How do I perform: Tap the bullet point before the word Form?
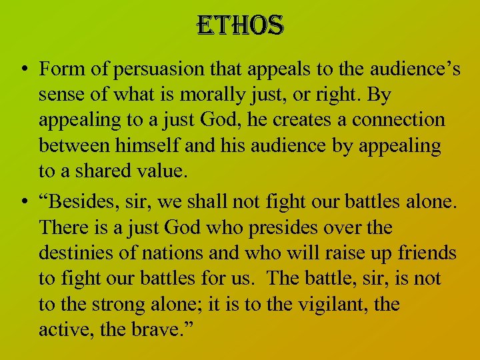coord(23,69)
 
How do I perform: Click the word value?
coord(161,171)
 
